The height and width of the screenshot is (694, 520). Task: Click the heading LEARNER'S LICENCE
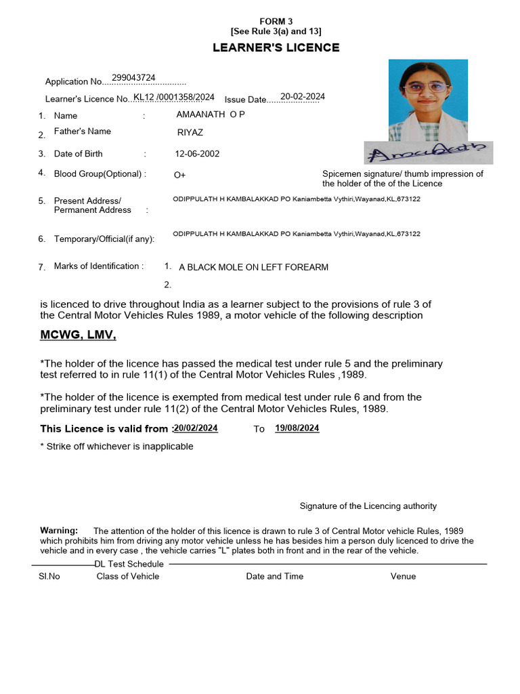(x=276, y=47)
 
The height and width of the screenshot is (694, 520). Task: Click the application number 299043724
(x=133, y=78)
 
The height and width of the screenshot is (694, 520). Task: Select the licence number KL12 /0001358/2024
(x=174, y=97)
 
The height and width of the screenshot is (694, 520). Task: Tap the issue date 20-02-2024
(x=303, y=96)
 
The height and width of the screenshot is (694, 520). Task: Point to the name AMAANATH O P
(x=211, y=115)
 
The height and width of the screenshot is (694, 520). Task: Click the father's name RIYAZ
(x=190, y=133)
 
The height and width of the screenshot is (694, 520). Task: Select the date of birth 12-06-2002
(x=197, y=154)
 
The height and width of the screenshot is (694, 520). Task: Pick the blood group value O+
(x=180, y=175)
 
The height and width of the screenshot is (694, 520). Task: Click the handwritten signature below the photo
(x=428, y=153)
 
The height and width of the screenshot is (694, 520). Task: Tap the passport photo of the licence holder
(x=428, y=100)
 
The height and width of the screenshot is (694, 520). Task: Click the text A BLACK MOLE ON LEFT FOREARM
(x=253, y=267)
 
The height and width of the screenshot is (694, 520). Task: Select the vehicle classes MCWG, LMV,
(x=79, y=335)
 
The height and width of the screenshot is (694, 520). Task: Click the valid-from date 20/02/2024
(x=196, y=428)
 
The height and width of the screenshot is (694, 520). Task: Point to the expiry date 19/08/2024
(x=297, y=428)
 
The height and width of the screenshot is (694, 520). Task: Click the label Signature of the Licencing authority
(x=368, y=506)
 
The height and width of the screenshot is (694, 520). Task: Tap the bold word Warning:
(x=59, y=530)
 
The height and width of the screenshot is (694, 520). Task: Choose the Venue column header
(x=403, y=576)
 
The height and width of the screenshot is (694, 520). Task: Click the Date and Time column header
(x=274, y=576)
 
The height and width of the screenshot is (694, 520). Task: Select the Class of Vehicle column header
(x=128, y=576)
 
